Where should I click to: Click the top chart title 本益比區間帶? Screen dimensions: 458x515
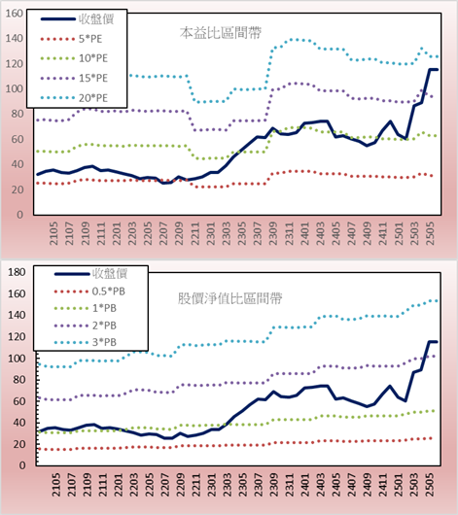click(221, 33)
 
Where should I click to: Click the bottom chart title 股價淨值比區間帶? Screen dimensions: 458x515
click(229, 298)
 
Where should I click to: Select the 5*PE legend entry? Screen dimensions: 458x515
click(71, 39)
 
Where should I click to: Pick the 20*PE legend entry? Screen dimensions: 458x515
click(74, 98)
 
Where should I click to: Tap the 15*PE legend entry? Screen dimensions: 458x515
click(74, 78)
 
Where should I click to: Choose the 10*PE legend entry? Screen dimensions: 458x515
click(74, 58)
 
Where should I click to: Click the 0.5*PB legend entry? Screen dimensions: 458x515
click(89, 292)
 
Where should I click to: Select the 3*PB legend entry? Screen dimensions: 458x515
click(86, 342)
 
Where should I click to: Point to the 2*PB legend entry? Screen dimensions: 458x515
click(86, 326)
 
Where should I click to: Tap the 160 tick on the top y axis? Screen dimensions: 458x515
click(15, 14)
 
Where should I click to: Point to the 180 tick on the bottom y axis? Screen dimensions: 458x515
click(17, 272)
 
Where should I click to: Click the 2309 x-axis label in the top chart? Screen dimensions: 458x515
click(273, 233)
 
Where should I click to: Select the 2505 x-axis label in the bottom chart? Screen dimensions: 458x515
click(430, 485)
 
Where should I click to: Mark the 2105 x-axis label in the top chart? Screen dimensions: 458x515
click(53, 233)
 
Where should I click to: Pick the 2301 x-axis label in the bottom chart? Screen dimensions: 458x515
click(211, 485)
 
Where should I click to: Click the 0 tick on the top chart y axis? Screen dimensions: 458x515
click(20, 215)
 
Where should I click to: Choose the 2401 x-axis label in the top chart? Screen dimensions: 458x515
click(304, 233)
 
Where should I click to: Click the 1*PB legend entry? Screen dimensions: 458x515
click(86, 308)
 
